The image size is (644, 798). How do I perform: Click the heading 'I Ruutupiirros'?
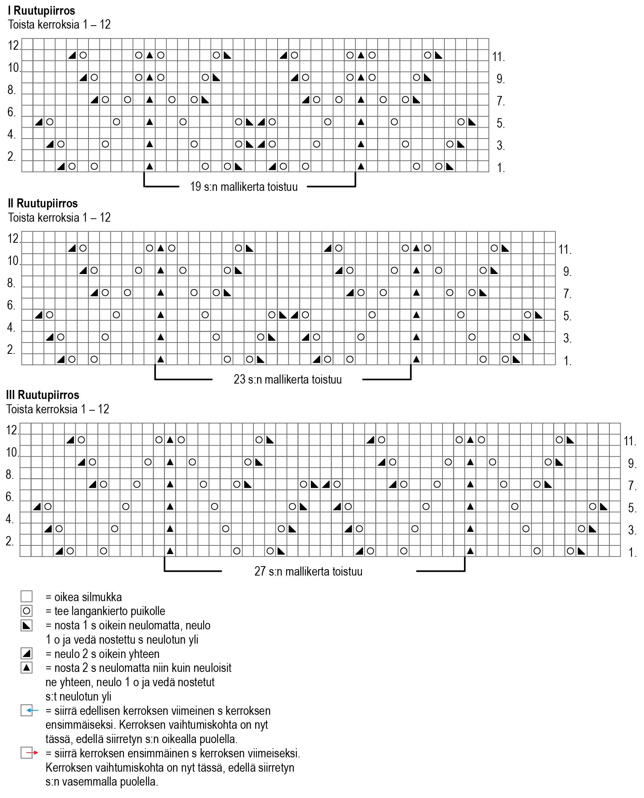41,11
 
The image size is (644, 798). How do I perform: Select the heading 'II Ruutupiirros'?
43,203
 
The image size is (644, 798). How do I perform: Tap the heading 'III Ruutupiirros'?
43,395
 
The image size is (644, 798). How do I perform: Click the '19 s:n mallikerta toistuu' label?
244,187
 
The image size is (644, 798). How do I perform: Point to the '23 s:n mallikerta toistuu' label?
288,379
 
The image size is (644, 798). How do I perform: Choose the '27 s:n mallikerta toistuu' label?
308,571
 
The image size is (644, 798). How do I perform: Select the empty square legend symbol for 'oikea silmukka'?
27,597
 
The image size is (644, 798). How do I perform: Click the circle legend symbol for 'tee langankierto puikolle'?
27,611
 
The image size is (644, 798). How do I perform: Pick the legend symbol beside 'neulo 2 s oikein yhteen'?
27,653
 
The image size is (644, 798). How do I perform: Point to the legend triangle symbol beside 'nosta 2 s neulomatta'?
27,668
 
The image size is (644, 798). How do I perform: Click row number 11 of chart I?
498,57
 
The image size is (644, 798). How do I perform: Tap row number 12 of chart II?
14,238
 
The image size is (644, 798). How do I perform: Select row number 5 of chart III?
632,508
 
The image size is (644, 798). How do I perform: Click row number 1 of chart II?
567,361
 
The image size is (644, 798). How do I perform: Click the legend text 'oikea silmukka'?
88,597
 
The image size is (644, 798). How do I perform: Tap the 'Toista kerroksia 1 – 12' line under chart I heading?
60,25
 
